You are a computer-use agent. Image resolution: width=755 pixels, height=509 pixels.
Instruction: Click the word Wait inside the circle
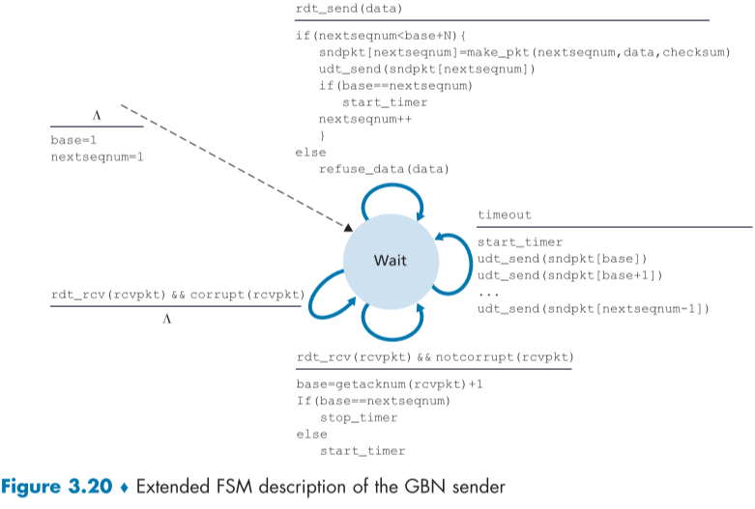[390, 261]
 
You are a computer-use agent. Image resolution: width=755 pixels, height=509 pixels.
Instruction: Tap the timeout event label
[505, 215]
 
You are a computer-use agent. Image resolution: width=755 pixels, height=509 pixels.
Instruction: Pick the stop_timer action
[359, 418]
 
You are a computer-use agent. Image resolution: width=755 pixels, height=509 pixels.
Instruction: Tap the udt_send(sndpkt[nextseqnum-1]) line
[594, 308]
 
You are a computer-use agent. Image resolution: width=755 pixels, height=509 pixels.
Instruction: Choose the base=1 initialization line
[73, 140]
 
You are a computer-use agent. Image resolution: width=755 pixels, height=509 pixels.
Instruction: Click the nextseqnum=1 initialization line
[97, 156]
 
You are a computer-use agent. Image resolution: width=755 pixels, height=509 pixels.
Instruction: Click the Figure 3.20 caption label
[60, 487]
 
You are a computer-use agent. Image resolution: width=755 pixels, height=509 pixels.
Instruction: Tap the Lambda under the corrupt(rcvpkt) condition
[166, 319]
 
